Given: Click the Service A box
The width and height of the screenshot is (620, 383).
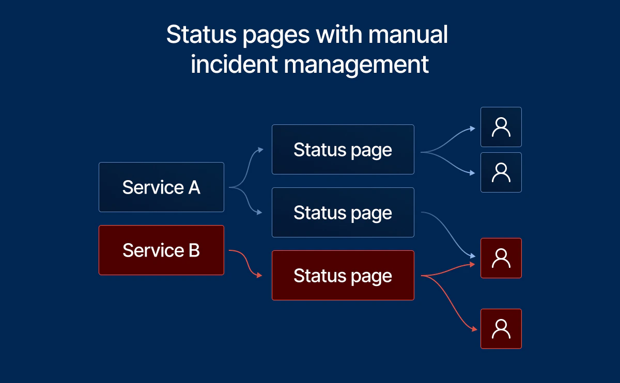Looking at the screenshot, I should (161, 187).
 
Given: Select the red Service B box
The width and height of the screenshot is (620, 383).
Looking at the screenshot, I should (161, 250).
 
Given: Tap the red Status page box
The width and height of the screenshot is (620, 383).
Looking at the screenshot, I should (343, 275).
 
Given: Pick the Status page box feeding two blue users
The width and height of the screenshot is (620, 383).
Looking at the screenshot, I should (343, 150).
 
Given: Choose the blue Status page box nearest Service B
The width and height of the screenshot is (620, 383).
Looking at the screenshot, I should (343, 212).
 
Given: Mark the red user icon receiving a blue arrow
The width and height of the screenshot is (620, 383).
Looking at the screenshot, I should (501, 258).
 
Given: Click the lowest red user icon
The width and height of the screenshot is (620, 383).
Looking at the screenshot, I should (501, 329).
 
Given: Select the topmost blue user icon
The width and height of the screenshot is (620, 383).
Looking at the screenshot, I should (501, 127).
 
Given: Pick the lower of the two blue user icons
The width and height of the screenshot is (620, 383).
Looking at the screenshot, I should (501, 172).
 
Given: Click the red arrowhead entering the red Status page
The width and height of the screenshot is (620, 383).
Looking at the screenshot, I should (260, 276).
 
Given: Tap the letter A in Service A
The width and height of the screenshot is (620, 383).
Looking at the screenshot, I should (194, 187).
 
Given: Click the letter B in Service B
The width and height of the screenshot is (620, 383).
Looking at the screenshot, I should (194, 250).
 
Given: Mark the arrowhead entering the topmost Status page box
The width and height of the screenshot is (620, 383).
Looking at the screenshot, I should (260, 150).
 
